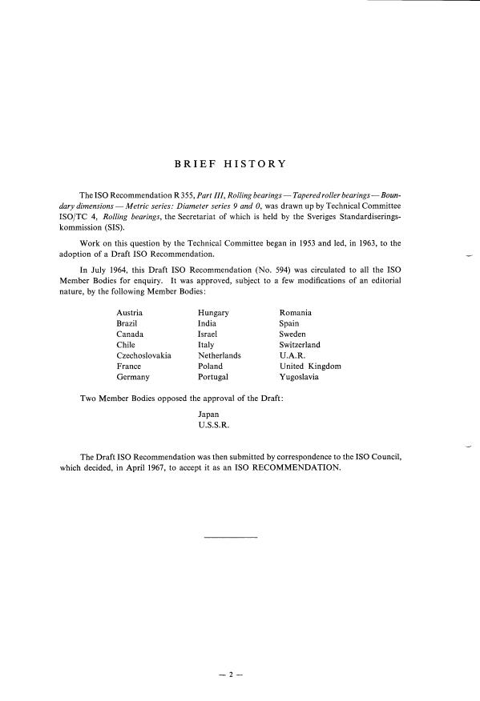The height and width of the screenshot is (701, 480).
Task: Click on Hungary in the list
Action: pos(214,312)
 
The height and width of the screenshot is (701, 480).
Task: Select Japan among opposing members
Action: pos(208,415)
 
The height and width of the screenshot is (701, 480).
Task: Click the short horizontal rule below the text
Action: pos(232,535)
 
